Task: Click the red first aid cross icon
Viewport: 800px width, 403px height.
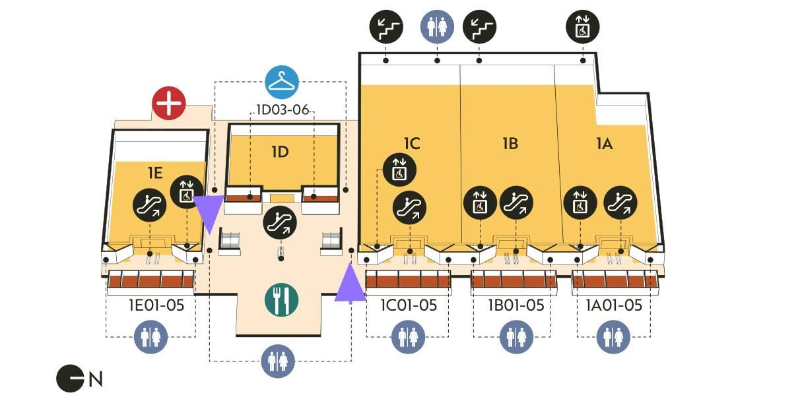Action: [x=169, y=104]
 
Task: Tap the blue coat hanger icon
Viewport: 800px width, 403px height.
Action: [x=283, y=82]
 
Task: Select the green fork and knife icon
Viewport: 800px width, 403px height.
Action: [x=282, y=299]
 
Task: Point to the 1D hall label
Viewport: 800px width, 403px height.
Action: [x=281, y=152]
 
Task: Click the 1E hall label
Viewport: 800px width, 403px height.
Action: [x=154, y=173]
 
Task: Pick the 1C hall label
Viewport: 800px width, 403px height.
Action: [x=412, y=143]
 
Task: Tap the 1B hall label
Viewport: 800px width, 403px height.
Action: [x=510, y=143]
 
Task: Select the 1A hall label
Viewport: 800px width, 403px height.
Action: [x=604, y=143]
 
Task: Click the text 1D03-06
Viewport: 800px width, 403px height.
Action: [x=283, y=109]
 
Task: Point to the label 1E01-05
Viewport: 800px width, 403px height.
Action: [x=156, y=305]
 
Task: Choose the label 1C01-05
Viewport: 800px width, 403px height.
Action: [x=409, y=305]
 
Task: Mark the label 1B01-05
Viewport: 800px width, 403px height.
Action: [x=516, y=305]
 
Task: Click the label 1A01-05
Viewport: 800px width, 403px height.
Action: [x=614, y=305]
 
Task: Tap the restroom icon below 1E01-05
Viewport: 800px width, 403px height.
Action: [x=151, y=337]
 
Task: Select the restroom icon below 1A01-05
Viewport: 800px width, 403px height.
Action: [x=614, y=337]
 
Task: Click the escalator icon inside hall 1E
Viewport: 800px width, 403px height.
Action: [x=149, y=204]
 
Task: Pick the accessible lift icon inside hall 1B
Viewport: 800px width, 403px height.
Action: [x=480, y=203]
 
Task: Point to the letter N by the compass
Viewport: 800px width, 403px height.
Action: [x=96, y=379]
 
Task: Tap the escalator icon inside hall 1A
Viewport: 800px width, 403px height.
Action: [x=620, y=203]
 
